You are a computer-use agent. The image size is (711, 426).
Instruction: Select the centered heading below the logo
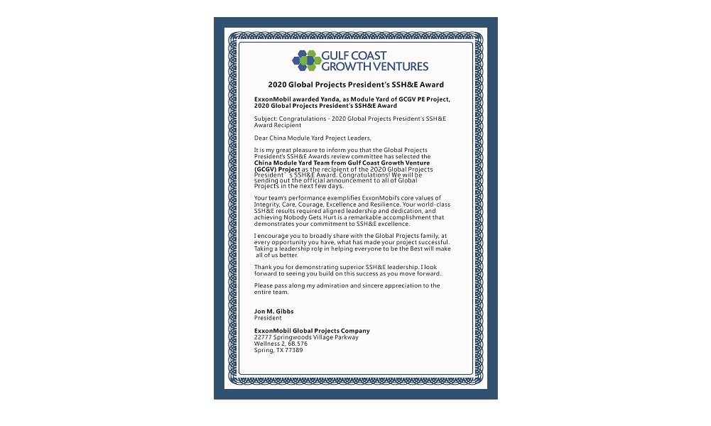pyautogui.click(x=356, y=84)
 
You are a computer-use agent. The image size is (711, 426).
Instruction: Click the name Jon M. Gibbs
pyautogui.click(x=274, y=312)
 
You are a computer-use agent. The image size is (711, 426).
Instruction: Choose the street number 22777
pyautogui.click(x=264, y=337)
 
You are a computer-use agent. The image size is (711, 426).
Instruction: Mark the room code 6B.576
pyautogui.click(x=295, y=344)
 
